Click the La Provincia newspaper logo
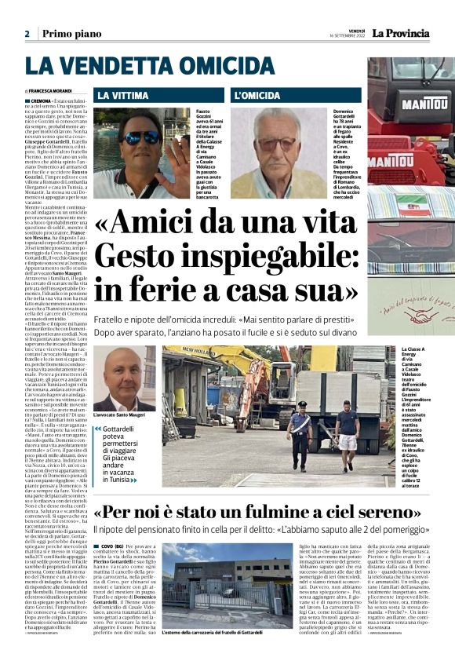coord(401,33)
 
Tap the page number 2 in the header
coord(27,34)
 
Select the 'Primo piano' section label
coord(70,34)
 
